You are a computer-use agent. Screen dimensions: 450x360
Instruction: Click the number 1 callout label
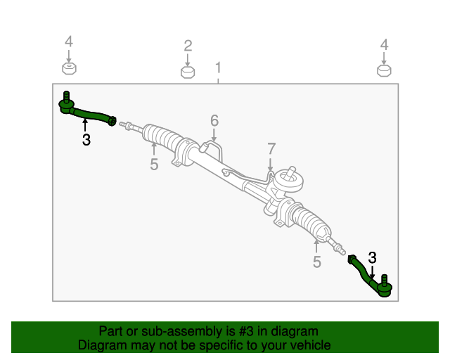click(218, 67)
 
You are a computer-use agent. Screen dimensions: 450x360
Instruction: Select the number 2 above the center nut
click(188, 46)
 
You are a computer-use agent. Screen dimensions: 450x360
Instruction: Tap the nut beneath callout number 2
click(188, 72)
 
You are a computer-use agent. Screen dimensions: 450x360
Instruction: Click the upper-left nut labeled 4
click(69, 68)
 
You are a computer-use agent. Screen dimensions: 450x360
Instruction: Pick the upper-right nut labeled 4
click(384, 70)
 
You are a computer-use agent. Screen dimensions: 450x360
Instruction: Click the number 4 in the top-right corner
click(385, 45)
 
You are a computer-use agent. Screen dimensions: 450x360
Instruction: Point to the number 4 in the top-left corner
click(69, 41)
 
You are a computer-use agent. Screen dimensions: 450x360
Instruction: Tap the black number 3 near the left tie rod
click(86, 140)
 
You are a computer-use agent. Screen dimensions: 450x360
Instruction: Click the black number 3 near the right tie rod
click(372, 257)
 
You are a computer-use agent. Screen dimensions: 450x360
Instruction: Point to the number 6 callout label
click(214, 120)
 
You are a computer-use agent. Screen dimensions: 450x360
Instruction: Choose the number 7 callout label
click(271, 149)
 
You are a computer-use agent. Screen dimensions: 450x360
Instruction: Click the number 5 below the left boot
click(154, 165)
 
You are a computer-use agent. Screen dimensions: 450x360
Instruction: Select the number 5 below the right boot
click(317, 262)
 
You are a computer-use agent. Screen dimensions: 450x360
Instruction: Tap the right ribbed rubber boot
click(311, 222)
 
